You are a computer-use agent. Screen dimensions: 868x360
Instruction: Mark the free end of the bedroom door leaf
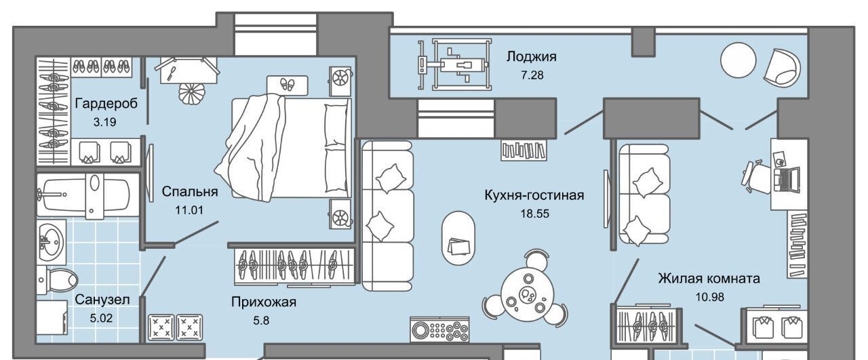[218, 221]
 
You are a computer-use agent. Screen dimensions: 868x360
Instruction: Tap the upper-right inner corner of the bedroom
[355, 58]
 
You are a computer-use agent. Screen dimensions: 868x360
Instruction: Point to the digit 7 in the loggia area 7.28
[524, 75]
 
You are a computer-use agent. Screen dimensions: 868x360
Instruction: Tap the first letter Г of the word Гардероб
[78, 104]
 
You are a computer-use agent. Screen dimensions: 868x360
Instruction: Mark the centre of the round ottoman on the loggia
[738, 60]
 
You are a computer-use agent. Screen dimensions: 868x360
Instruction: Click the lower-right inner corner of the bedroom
[355, 243]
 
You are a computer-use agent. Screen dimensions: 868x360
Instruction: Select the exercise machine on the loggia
[454, 64]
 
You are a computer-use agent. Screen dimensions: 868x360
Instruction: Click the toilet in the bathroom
[58, 279]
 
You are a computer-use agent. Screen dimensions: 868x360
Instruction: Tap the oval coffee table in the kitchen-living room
[458, 239]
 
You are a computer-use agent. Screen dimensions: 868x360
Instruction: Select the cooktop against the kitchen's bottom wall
[439, 329]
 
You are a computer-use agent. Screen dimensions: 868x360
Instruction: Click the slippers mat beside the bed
[287, 85]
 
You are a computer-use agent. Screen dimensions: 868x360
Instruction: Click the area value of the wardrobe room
[104, 122]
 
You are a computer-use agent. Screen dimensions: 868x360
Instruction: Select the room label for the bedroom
[190, 191]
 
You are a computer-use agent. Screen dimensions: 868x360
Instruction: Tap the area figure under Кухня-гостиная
[535, 214]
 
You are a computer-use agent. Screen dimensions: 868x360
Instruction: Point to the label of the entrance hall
[264, 302]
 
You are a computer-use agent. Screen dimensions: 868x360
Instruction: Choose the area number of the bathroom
[101, 318]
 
